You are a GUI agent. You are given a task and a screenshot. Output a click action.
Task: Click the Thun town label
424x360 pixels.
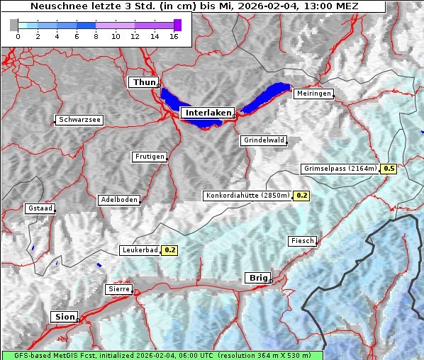pyautogui.click(x=143, y=83)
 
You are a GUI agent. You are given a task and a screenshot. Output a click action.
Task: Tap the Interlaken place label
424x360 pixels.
pyautogui.click(x=208, y=113)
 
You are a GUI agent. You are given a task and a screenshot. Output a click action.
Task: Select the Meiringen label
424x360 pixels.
pyautogui.click(x=313, y=94)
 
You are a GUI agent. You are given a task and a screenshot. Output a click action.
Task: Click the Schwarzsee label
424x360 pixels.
pyautogui.click(x=79, y=120)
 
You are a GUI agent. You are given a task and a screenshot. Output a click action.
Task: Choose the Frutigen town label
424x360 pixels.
pyautogui.click(x=150, y=157)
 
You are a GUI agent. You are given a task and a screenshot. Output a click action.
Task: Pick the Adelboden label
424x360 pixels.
pyautogui.click(x=118, y=200)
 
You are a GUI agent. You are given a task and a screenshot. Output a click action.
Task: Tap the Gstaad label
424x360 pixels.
pyautogui.click(x=40, y=208)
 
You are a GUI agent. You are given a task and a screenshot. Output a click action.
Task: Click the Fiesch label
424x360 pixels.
pyautogui.click(x=302, y=241)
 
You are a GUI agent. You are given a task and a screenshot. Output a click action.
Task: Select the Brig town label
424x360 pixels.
pyautogui.click(x=256, y=278)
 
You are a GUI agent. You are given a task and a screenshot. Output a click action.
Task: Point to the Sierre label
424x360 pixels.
pyautogui.click(x=119, y=289)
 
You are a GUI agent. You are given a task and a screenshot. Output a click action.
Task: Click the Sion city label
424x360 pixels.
pyautogui.click(x=63, y=317)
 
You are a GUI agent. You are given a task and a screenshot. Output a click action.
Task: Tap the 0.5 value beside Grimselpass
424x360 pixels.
pyautogui.click(x=389, y=169)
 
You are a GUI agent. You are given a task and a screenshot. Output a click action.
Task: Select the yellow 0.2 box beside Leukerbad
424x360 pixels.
pyautogui.click(x=170, y=250)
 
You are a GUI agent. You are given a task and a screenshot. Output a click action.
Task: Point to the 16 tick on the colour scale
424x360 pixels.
pyautogui.click(x=174, y=36)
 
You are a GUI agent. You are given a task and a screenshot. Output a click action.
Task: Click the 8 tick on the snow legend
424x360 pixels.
pyautogui.click(x=96, y=36)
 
